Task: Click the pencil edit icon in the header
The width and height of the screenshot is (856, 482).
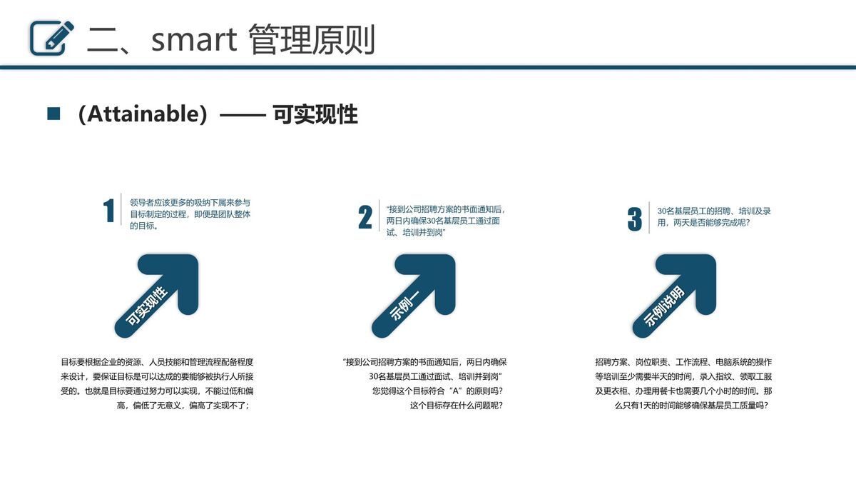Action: click(x=52, y=38)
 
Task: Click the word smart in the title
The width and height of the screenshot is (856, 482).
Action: click(x=193, y=40)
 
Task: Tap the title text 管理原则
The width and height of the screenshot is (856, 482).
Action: click(x=312, y=40)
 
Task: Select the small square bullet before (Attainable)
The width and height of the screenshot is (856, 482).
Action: click(x=53, y=114)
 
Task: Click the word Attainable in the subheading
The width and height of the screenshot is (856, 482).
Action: click(x=142, y=114)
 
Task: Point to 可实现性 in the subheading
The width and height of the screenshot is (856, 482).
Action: click(x=315, y=114)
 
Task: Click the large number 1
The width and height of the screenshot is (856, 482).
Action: click(x=108, y=211)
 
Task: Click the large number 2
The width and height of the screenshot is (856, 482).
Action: click(x=365, y=218)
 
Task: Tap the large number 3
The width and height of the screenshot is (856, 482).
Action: click(x=634, y=219)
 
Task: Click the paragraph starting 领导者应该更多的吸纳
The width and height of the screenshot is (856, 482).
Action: click(x=190, y=214)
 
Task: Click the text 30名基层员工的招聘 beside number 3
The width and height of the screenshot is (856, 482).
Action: click(x=713, y=216)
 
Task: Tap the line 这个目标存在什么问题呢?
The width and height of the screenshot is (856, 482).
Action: click(x=456, y=406)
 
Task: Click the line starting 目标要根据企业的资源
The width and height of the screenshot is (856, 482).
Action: click(x=157, y=362)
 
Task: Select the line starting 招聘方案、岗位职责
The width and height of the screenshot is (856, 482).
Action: click(x=683, y=362)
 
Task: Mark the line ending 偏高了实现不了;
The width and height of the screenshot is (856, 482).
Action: click(x=183, y=406)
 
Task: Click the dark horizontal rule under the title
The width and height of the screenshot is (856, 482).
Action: click(x=428, y=67)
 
